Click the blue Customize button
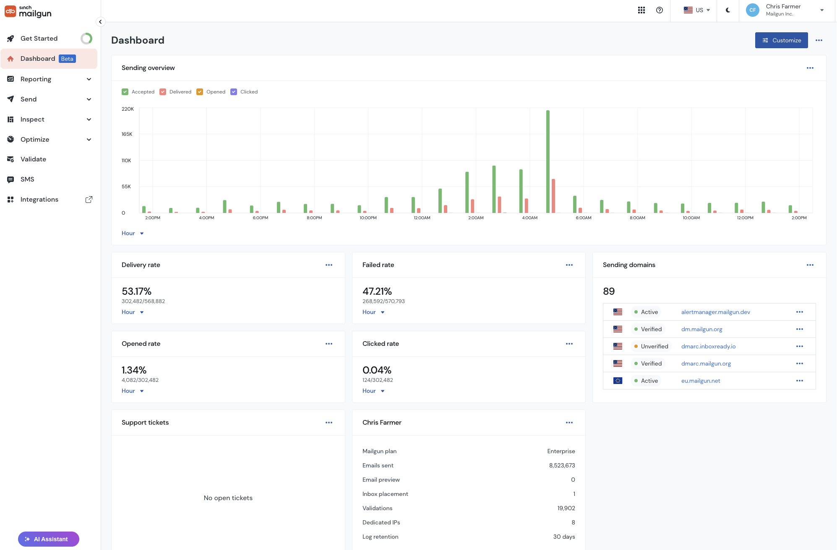click(x=781, y=40)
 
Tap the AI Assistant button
click(x=49, y=539)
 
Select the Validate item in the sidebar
click(x=33, y=159)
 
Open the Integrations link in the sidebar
click(x=39, y=200)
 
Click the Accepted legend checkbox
click(x=125, y=92)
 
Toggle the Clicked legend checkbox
click(x=234, y=92)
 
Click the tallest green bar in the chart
click(x=548, y=162)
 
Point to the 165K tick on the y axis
click(x=127, y=134)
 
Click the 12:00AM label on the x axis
click(x=422, y=218)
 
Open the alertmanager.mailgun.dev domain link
click(x=716, y=312)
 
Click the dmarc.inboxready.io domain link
click(x=708, y=346)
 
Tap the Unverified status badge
click(x=651, y=346)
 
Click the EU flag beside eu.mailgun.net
click(x=618, y=381)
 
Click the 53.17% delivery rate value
click(x=136, y=291)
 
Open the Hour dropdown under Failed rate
click(x=373, y=312)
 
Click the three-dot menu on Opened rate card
click(x=329, y=344)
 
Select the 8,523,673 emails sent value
click(x=562, y=465)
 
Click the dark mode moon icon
click(x=728, y=10)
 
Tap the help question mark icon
click(x=660, y=10)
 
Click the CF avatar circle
click(x=753, y=10)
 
